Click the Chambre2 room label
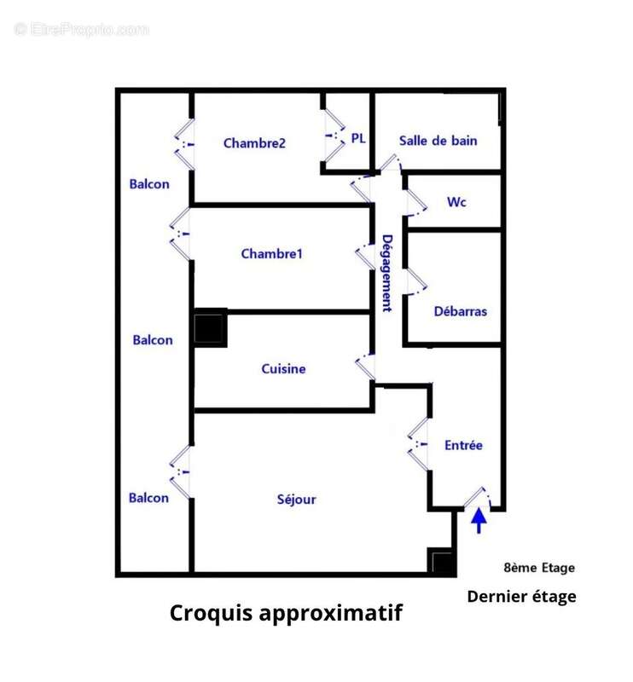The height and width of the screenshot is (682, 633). tap(253, 143)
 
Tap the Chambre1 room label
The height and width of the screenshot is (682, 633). tap(271, 253)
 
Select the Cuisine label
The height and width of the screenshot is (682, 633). tap(283, 369)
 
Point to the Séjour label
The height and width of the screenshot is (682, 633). tap(296, 499)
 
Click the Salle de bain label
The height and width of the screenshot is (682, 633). tap(438, 141)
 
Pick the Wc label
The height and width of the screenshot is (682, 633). tap(456, 202)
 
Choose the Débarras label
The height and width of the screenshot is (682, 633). tap(460, 311)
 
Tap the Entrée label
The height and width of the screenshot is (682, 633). tap(463, 445)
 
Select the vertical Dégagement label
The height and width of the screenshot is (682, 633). tap(386, 273)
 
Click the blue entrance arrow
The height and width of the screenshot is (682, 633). tap(479, 519)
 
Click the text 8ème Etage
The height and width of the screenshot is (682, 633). tap(539, 568)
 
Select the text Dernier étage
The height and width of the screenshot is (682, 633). tap(521, 597)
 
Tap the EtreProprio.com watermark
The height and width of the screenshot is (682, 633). tap(82, 29)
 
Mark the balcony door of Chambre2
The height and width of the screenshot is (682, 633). tap(184, 143)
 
